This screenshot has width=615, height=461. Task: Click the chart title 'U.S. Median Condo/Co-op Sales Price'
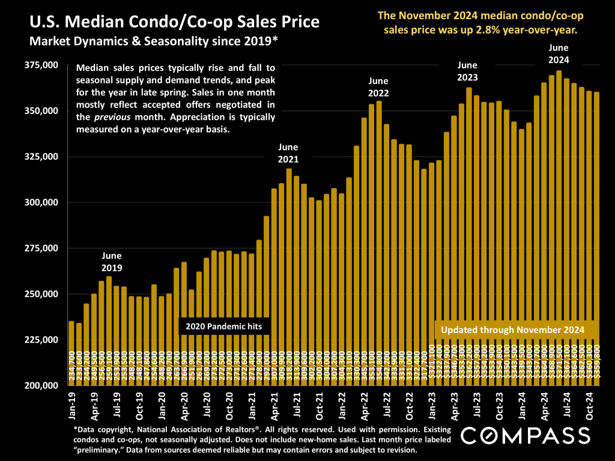[x=174, y=25]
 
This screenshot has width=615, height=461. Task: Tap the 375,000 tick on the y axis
[x=41, y=65]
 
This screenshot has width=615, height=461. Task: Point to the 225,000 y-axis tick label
[x=41, y=340]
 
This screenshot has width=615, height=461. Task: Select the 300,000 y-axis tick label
[x=41, y=202]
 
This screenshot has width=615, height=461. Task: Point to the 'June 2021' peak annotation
[x=288, y=153]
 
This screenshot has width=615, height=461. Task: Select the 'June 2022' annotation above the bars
[x=378, y=86]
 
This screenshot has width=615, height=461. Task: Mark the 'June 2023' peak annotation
[x=468, y=71]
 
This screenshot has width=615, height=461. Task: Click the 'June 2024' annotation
[x=559, y=53]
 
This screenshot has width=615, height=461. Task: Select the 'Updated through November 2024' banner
[x=513, y=330]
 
